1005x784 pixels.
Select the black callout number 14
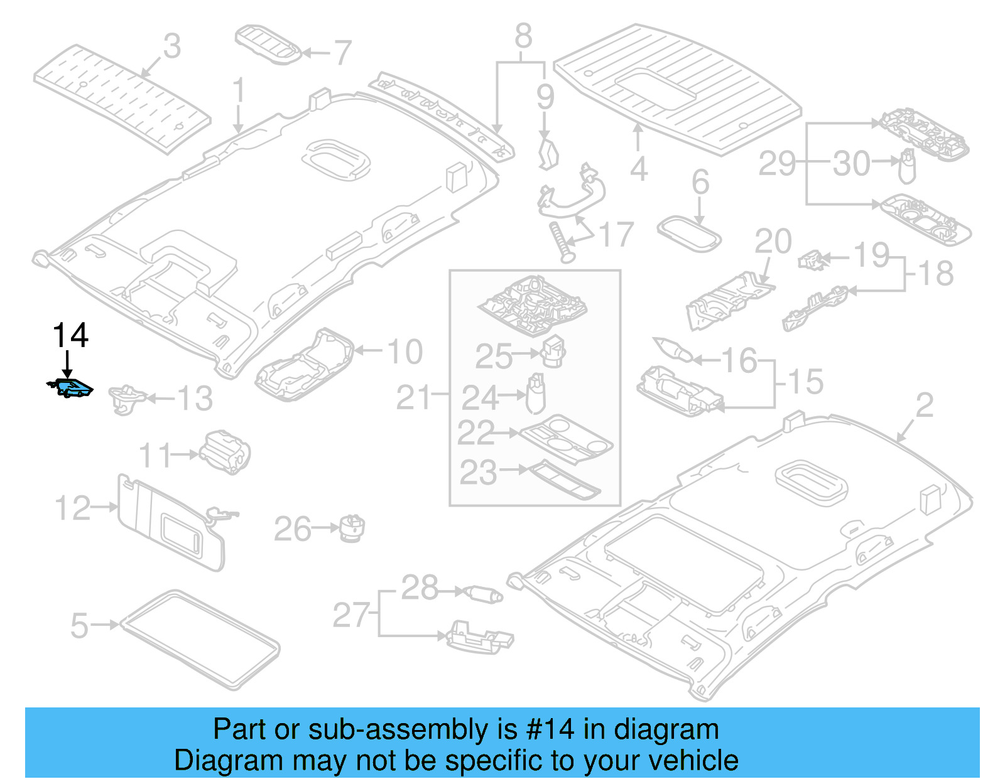pyautogui.click(x=70, y=336)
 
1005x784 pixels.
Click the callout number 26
pyautogui.click(x=292, y=529)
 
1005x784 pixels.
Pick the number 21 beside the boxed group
pyautogui.click(x=413, y=398)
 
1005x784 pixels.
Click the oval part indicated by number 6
pyautogui.click(x=688, y=234)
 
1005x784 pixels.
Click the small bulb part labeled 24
pyautogui.click(x=536, y=395)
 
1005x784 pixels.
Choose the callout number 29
pyautogui.click(x=777, y=164)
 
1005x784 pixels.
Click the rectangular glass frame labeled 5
pyautogui.click(x=200, y=639)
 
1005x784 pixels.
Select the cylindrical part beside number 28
pyautogui.click(x=482, y=593)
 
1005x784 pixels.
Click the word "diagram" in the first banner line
pyautogui.click(x=666, y=729)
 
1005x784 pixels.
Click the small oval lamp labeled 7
pyautogui.click(x=269, y=44)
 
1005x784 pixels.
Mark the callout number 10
pyautogui.click(x=405, y=352)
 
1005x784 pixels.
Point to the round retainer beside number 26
pyautogui.click(x=352, y=528)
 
